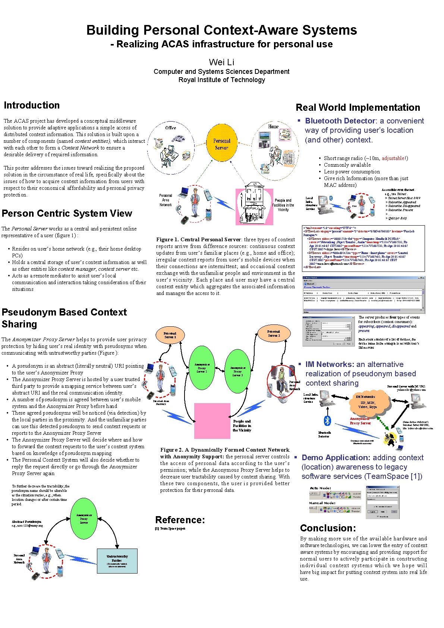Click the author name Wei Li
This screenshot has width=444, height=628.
click(221, 62)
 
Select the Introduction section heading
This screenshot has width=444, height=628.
click(32, 106)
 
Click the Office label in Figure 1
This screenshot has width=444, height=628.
click(171, 128)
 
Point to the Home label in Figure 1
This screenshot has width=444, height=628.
click(273, 127)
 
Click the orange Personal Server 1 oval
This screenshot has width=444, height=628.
click(170, 335)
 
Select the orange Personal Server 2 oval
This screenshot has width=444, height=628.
click(274, 333)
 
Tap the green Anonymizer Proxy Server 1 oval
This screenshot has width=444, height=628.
click(201, 367)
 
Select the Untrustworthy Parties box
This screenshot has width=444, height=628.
click(117, 561)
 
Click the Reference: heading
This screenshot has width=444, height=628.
click(180, 520)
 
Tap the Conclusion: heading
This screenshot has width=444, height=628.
click(328, 528)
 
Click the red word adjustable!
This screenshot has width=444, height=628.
click(395, 158)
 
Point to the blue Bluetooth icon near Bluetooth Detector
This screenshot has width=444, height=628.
click(327, 421)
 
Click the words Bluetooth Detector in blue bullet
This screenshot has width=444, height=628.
click(340, 121)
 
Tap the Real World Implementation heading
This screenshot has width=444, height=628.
click(358, 108)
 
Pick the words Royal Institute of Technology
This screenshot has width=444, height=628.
click(221, 80)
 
